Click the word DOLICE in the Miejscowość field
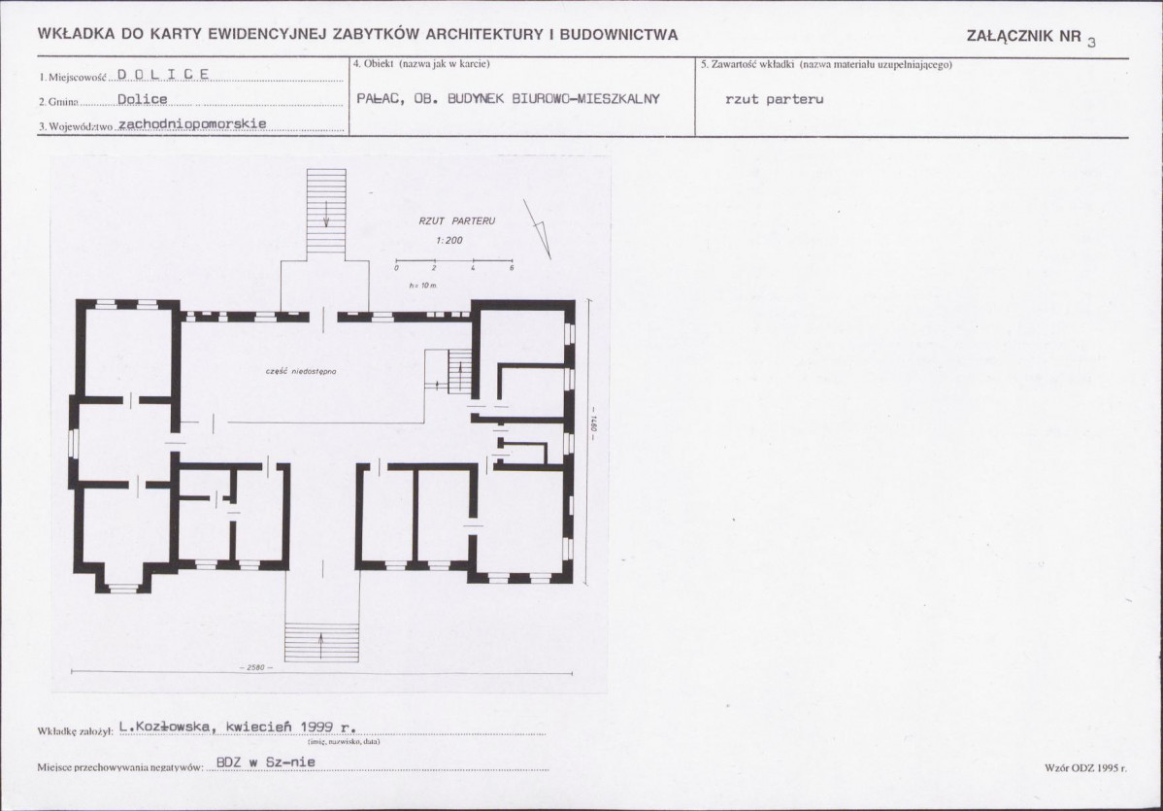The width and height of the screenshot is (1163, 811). pyautogui.click(x=163, y=74)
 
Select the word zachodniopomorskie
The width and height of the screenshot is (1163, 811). pyautogui.click(x=192, y=124)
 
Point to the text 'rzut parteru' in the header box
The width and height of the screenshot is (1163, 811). pyautogui.click(x=775, y=99)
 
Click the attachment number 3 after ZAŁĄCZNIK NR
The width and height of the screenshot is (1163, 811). pyautogui.click(x=1091, y=43)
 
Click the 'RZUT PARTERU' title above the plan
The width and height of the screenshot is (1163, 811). pyautogui.click(x=457, y=221)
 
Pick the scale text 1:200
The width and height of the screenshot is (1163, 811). pyautogui.click(x=449, y=241)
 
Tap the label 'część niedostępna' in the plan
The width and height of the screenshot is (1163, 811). pyautogui.click(x=301, y=371)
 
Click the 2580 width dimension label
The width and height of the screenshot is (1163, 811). pyautogui.click(x=256, y=668)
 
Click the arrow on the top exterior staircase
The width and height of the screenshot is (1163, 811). pyautogui.click(x=326, y=216)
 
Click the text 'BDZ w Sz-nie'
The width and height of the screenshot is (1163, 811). pyautogui.click(x=266, y=762)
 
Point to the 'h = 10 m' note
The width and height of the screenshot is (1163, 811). pyautogui.click(x=423, y=286)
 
